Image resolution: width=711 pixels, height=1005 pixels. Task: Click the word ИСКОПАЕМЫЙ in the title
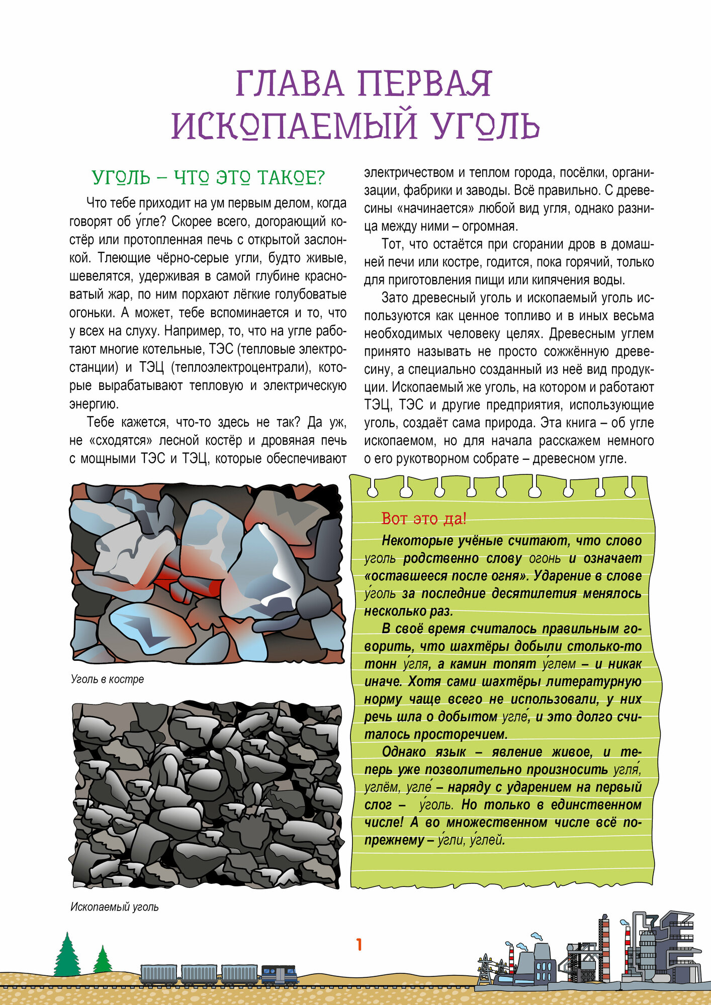click(x=294, y=126)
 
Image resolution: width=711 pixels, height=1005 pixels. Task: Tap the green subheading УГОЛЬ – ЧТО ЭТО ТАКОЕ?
click(x=209, y=178)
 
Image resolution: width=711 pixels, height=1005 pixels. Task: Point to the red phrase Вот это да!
click(x=424, y=518)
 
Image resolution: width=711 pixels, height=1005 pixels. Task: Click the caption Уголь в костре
click(x=108, y=679)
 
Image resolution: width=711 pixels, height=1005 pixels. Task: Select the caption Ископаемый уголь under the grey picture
click(x=115, y=907)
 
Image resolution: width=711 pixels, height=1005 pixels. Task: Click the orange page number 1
click(x=359, y=945)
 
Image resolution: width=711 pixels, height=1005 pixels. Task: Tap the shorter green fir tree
click(x=103, y=960)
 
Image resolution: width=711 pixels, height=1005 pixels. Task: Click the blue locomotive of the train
click(x=279, y=975)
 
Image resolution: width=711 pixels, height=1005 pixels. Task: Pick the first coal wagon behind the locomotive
click(x=239, y=974)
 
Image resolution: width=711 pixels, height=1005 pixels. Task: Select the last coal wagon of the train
click(x=158, y=974)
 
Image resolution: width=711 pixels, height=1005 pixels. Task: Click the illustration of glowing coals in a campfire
click(x=207, y=573)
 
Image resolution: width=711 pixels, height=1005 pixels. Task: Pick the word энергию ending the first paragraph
click(x=94, y=404)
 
